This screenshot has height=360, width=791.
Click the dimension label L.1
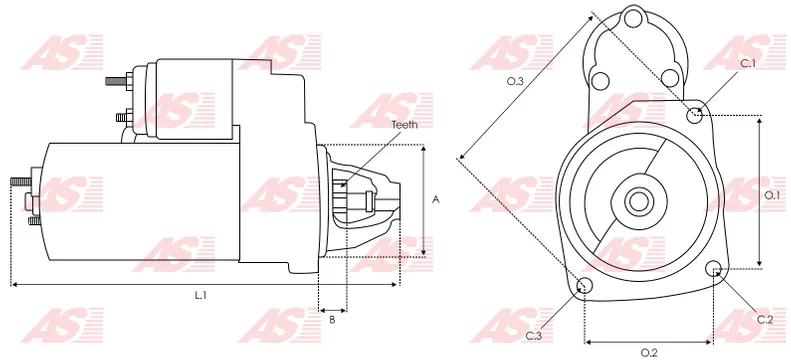tap(201, 295)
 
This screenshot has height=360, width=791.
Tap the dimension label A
tap(436, 200)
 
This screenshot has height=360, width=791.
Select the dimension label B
tap(332, 319)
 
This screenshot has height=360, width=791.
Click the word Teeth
tap(405, 125)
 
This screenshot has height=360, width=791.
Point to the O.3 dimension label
tap(515, 81)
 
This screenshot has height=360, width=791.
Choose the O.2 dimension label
tap(649, 353)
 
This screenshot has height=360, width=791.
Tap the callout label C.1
tap(748, 64)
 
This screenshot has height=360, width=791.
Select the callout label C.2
tap(765, 319)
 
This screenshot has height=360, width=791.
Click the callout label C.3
tap(534, 336)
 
